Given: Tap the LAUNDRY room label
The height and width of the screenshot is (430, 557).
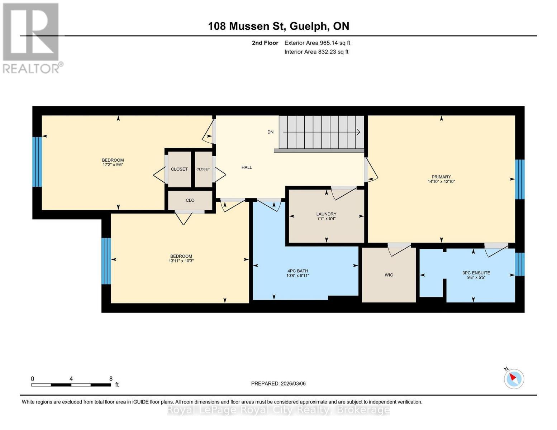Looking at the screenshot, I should (326, 214).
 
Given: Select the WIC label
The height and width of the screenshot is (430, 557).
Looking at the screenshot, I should (389, 275).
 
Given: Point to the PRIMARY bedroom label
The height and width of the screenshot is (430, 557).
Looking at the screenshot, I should (441, 177).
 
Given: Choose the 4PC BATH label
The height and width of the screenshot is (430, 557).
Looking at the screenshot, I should (297, 271).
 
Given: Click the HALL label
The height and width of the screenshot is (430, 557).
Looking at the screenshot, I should (247, 167).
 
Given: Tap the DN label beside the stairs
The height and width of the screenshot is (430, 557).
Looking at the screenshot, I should (270, 132).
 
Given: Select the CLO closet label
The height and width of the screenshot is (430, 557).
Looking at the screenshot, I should (190, 200).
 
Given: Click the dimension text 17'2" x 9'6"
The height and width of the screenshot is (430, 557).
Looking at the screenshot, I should (113, 165).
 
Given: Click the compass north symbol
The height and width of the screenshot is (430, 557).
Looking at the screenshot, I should (514, 378).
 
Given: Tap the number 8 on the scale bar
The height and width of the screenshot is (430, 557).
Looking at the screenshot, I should (111, 379).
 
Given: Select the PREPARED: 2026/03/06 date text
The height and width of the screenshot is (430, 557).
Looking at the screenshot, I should (278, 383).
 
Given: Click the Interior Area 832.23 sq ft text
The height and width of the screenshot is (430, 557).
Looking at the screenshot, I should (316, 52).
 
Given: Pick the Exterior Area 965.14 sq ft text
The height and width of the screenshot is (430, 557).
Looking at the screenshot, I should (317, 43).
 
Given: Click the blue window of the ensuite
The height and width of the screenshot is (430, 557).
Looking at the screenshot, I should (520, 264).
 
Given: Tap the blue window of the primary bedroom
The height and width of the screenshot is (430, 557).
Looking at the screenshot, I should (520, 179).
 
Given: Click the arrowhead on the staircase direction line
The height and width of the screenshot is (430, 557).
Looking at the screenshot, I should (358, 132).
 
